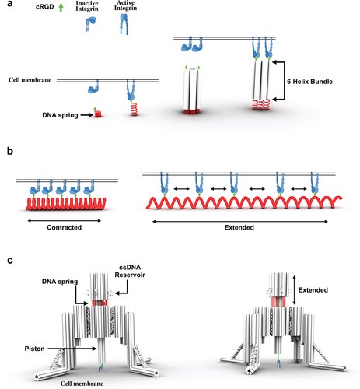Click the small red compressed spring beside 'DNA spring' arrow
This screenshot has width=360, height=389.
100,114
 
